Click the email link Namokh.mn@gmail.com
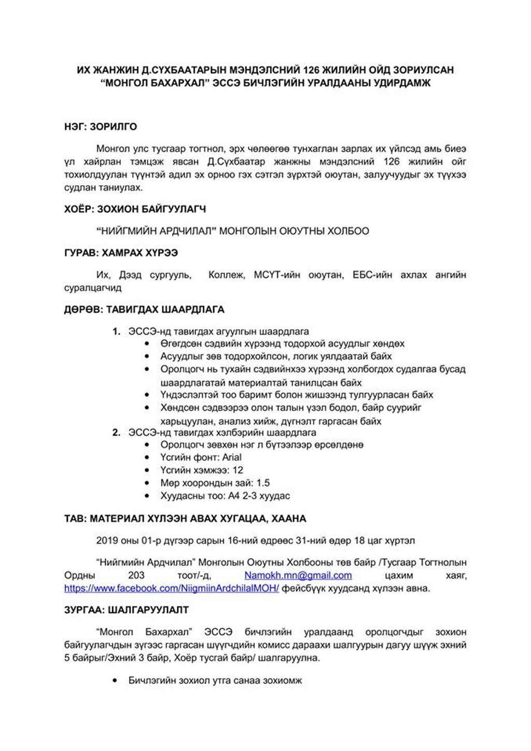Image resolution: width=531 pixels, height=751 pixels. pyautogui.click(x=298, y=575)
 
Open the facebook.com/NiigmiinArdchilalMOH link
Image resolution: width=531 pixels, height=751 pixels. pyautogui.click(x=172, y=588)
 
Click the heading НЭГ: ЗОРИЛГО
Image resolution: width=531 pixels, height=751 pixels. pyautogui.click(x=100, y=127)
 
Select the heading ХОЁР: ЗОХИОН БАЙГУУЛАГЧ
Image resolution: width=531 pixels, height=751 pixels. pyautogui.click(x=135, y=209)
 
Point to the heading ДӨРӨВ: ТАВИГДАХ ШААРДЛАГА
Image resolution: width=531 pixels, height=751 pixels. pyautogui.click(x=144, y=310)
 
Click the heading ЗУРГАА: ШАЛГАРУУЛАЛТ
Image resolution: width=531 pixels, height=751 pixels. pyautogui.click(x=126, y=610)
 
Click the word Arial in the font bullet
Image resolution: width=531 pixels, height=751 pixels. pyautogui.click(x=232, y=457)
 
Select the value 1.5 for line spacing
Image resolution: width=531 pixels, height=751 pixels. pyautogui.click(x=263, y=483)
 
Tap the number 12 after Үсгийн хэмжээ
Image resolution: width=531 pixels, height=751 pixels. pyautogui.click(x=237, y=470)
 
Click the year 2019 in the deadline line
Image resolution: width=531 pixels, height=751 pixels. pyautogui.click(x=107, y=541)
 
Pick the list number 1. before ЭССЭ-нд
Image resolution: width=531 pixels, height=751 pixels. pyautogui.click(x=117, y=331)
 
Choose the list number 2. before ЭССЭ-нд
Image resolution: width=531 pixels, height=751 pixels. pyautogui.click(x=117, y=432)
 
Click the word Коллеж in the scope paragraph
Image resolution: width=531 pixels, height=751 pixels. pyautogui.click(x=227, y=275)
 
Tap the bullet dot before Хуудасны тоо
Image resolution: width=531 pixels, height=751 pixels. pyautogui.click(x=148, y=496)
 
